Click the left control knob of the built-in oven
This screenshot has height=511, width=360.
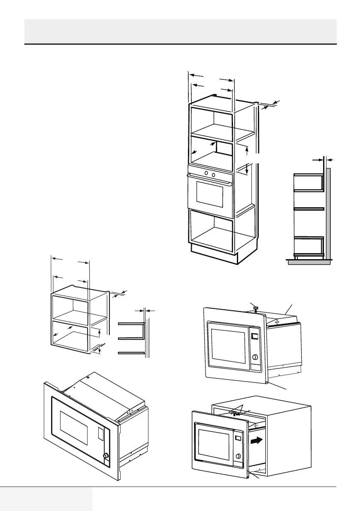point(206,173)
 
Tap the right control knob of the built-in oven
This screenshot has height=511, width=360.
point(213,174)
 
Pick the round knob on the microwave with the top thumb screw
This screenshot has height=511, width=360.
point(256,357)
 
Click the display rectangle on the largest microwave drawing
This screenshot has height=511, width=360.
point(100,436)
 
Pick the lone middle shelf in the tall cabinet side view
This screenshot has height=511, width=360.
point(309,209)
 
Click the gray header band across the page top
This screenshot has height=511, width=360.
point(180,31)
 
